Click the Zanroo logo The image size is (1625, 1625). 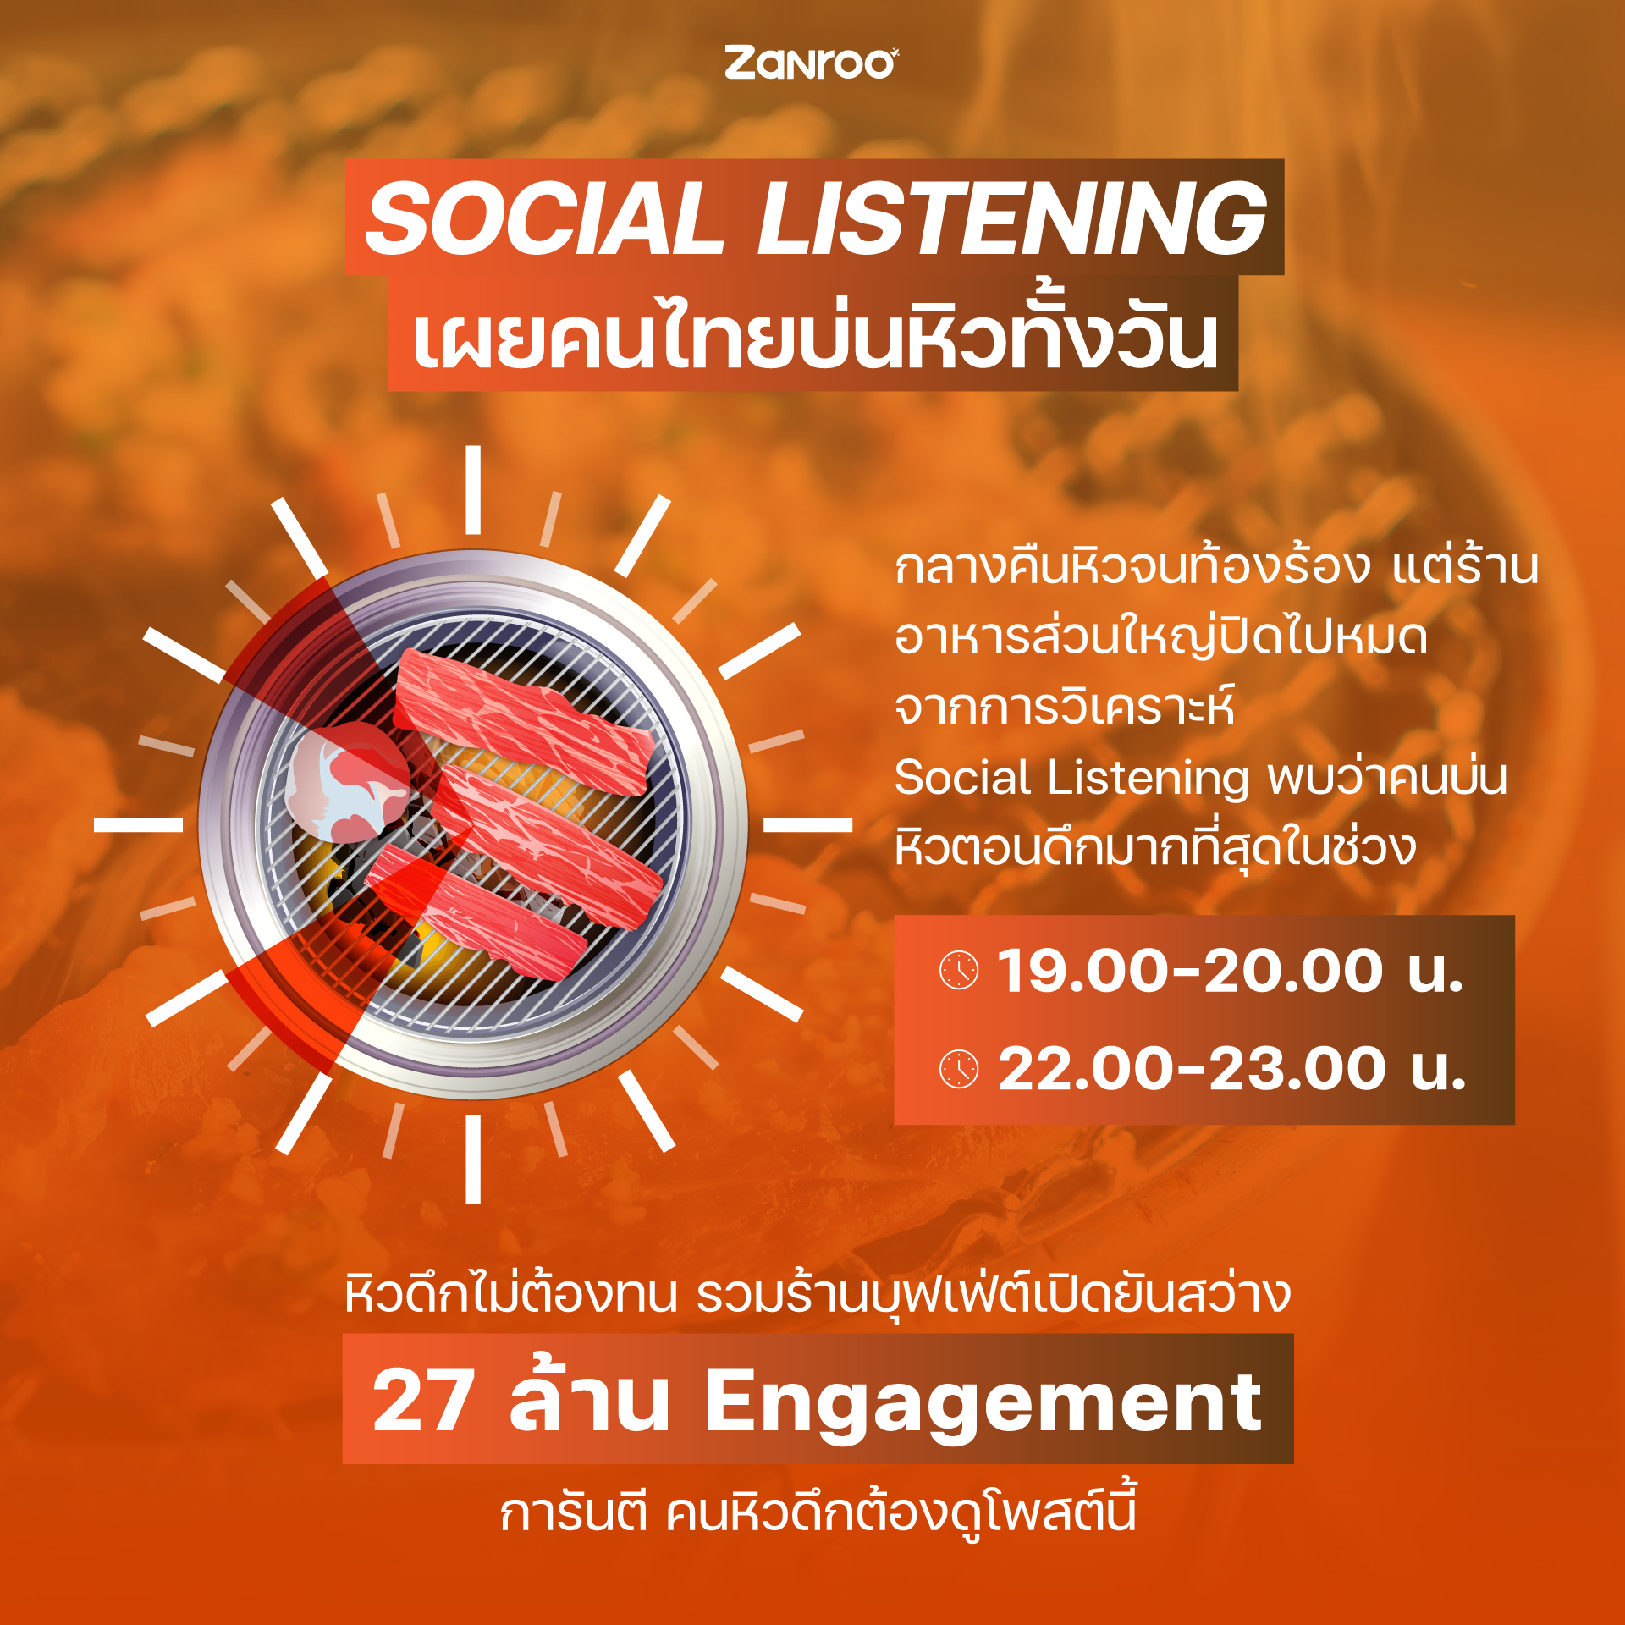tap(811, 64)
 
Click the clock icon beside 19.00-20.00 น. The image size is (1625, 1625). tap(959, 970)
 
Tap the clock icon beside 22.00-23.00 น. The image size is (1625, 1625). tap(959, 1069)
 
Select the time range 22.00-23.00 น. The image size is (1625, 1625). tap(1232, 1069)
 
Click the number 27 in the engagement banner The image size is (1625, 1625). tap(423, 1402)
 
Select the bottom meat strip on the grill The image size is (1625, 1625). tap(476, 912)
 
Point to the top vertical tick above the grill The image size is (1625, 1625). tap(473, 490)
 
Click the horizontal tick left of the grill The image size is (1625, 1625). tap(138, 824)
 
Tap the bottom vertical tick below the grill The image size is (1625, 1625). tap(473, 1160)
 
